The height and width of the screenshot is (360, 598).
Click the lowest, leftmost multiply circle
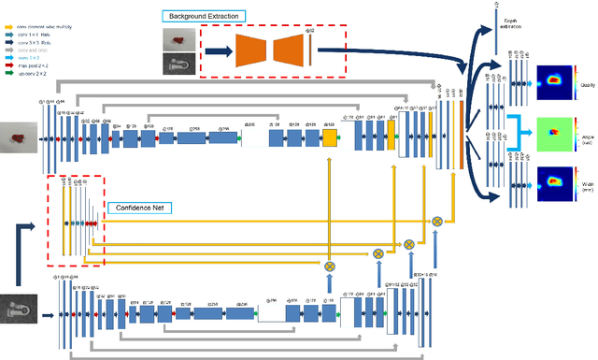(330, 266)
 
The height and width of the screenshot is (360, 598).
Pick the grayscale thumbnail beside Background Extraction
(176, 63)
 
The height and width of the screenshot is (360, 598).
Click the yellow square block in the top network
(329, 138)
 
